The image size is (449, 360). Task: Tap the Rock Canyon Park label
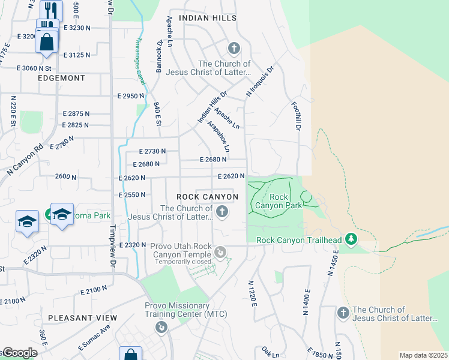click(x=278, y=201)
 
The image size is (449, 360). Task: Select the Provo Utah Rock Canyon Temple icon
click(x=221, y=254)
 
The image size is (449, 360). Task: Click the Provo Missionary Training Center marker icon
click(x=161, y=327)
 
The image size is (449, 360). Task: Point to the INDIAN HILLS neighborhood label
click(x=202, y=18)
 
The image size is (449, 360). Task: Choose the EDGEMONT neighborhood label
click(x=61, y=78)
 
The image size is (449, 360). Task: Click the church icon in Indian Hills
click(x=234, y=48)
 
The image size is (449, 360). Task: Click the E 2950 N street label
click(x=131, y=96)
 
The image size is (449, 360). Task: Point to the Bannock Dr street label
click(x=160, y=56)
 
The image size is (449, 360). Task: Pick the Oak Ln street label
click(x=271, y=351)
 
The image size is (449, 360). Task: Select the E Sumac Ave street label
click(x=94, y=338)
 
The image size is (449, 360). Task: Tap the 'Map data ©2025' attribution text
click(x=423, y=355)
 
